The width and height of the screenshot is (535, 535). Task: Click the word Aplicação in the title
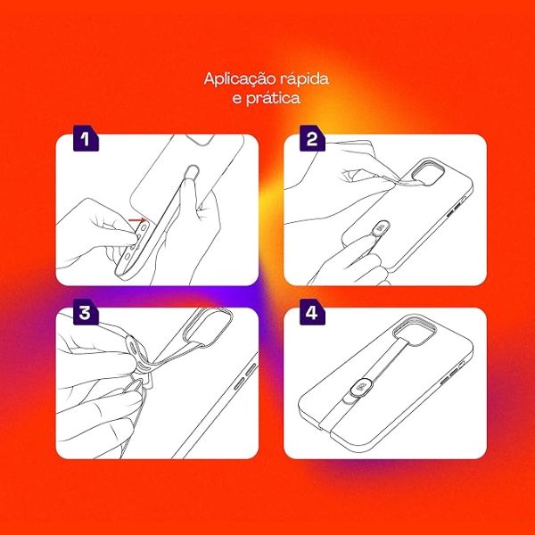[x=240, y=79]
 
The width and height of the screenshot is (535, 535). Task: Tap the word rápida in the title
[x=305, y=78]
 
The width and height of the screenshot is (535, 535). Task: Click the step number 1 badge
[x=86, y=138]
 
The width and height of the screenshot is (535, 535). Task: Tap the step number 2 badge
[x=312, y=138]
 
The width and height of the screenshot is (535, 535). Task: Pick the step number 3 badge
[x=86, y=312]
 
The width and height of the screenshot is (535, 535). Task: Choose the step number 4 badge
[x=312, y=312]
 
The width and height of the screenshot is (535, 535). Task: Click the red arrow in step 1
[x=137, y=220]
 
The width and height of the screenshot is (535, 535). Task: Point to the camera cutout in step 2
[x=429, y=170]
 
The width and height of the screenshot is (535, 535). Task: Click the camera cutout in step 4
[x=415, y=328]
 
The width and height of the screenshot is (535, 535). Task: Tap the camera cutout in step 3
[x=208, y=328]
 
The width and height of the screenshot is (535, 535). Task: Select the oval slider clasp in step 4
[x=360, y=389]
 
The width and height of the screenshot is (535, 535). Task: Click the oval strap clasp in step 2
[x=381, y=227]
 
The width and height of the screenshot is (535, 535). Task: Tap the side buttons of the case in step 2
[x=457, y=207]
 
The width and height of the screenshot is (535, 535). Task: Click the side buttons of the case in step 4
[x=453, y=373]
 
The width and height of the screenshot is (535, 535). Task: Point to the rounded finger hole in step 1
[x=193, y=171]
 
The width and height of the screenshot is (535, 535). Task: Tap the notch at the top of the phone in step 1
[x=200, y=140]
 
